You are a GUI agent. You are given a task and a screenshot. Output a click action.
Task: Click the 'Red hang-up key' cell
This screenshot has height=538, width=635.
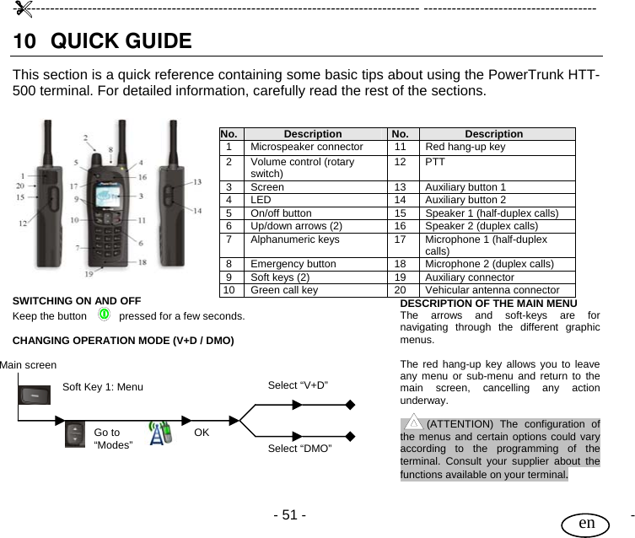(465, 147)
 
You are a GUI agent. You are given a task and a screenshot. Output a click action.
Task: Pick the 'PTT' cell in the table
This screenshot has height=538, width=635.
(435, 161)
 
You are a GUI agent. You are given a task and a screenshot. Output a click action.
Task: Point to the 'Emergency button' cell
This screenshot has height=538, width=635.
(293, 264)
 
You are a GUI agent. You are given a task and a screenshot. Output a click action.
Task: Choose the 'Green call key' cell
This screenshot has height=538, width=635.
(284, 289)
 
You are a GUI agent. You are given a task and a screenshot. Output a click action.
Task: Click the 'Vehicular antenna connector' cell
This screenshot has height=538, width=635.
(492, 289)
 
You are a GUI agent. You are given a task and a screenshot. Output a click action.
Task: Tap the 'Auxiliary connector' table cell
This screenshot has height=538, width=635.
(469, 277)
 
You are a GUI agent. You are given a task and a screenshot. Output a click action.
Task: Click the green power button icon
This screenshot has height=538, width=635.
(103, 315)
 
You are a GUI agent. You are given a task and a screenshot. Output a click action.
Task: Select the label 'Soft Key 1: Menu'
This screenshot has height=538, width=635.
(103, 387)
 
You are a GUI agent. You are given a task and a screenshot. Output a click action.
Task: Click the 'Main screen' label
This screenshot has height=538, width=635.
(29, 364)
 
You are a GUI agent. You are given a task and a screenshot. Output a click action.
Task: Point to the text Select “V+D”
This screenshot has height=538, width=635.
(298, 385)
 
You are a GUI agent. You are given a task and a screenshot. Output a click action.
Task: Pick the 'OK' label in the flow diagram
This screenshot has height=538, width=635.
(202, 433)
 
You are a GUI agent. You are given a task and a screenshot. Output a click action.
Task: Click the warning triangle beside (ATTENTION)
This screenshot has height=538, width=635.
(412, 422)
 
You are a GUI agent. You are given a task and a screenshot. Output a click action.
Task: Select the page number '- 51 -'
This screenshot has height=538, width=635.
(289, 514)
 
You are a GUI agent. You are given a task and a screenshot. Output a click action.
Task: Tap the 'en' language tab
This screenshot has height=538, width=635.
(588, 522)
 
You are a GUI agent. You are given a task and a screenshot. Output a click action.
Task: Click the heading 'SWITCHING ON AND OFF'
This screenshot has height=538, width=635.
(76, 300)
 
